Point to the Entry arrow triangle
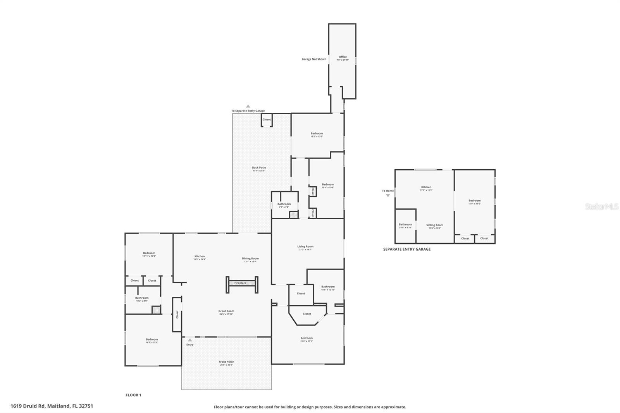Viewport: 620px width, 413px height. pyautogui.click(x=189, y=340)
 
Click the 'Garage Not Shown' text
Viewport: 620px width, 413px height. pyautogui.click(x=314, y=59)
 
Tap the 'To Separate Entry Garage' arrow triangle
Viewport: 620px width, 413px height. pyautogui.click(x=248, y=106)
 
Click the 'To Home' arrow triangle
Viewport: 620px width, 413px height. pyautogui.click(x=388, y=196)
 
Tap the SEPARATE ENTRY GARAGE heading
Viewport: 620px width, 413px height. pyautogui.click(x=406, y=249)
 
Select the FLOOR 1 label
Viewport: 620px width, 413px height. pyautogui.click(x=133, y=395)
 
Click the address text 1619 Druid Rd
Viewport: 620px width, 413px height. pyautogui.click(x=52, y=406)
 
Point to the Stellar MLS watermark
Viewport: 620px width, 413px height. pyautogui.click(x=601, y=206)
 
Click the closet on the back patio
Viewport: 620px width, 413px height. pyautogui.click(x=267, y=120)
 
